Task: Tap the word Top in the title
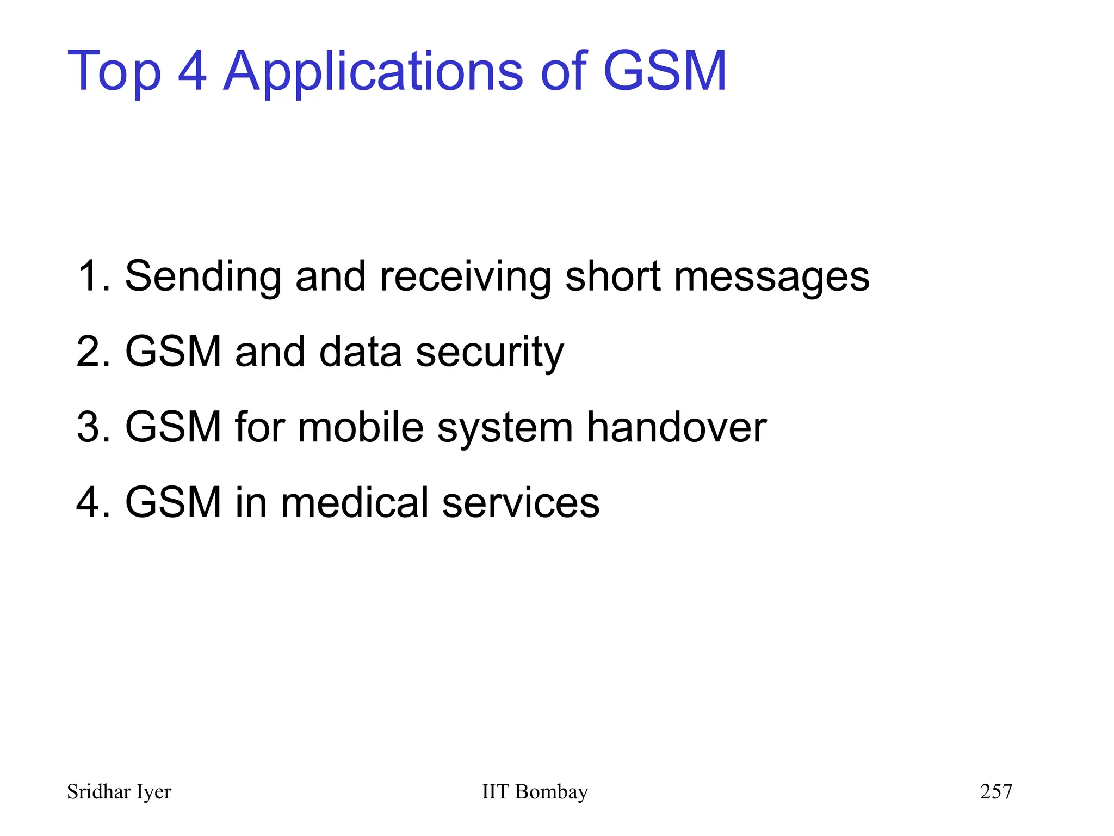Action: [x=114, y=72]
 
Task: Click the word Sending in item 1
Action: [x=203, y=276]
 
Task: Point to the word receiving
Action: [x=465, y=276]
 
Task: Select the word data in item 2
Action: [x=360, y=352]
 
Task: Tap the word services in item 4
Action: [x=521, y=502]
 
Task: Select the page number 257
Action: [x=996, y=791]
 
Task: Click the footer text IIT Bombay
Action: [x=535, y=791]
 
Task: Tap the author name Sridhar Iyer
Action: [x=119, y=792]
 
